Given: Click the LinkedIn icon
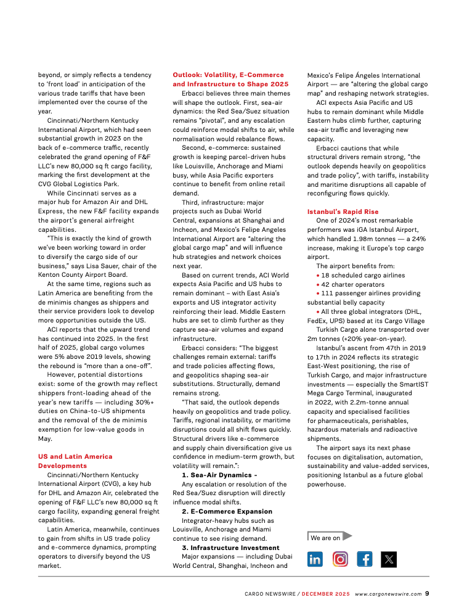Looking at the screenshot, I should (315, 559).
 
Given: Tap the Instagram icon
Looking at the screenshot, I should (340, 559).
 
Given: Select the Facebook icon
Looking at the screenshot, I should (365, 559).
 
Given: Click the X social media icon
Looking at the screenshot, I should (389, 559).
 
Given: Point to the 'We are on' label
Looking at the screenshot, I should (325, 538).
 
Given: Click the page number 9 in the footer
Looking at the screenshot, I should (427, 594).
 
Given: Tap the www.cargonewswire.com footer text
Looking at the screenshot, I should (388, 594).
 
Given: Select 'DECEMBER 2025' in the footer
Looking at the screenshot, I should (325, 594).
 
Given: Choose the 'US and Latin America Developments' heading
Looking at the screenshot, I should (75, 461).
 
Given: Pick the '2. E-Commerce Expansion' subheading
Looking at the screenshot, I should (227, 511).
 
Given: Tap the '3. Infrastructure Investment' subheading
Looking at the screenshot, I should (230, 547).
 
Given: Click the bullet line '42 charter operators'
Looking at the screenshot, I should (349, 284).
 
